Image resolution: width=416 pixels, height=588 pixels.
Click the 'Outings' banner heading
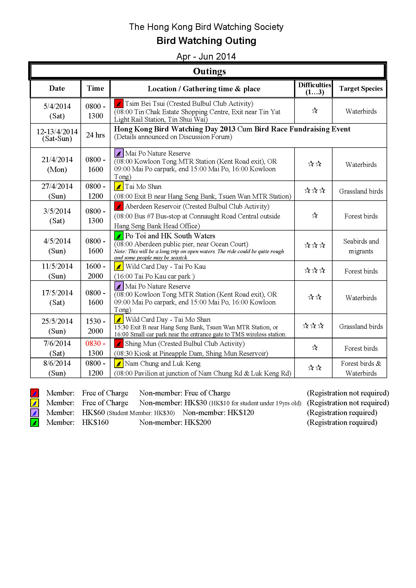point(209,71)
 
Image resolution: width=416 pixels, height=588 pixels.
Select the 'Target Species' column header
point(361,88)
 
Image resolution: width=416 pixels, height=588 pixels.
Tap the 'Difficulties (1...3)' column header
point(314,88)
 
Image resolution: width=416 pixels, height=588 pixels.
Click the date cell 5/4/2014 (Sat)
point(57,111)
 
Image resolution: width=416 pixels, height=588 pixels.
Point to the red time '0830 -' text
point(95,343)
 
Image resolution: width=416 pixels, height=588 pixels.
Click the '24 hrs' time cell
point(95,135)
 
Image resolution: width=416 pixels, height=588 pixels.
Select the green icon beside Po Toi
point(119,236)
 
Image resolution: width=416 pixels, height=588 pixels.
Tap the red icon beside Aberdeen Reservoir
point(119,206)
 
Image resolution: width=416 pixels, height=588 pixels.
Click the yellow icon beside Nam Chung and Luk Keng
point(119,364)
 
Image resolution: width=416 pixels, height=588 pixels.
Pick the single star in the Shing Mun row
point(315,348)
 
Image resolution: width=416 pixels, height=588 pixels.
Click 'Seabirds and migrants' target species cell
point(361,246)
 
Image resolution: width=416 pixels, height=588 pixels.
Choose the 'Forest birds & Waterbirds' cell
point(361,368)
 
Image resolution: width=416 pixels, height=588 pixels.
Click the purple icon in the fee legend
point(34,413)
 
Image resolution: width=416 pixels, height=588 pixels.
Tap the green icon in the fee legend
point(34,422)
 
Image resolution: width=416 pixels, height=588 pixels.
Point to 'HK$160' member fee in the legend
point(95,422)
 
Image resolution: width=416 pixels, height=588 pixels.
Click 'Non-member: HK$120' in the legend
point(218,413)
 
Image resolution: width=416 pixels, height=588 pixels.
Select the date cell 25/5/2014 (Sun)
point(57,326)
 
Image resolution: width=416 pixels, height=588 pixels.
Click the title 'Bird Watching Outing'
point(206,41)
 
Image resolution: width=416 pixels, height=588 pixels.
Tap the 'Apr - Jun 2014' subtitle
point(206,56)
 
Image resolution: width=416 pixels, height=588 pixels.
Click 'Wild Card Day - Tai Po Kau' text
point(165,266)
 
